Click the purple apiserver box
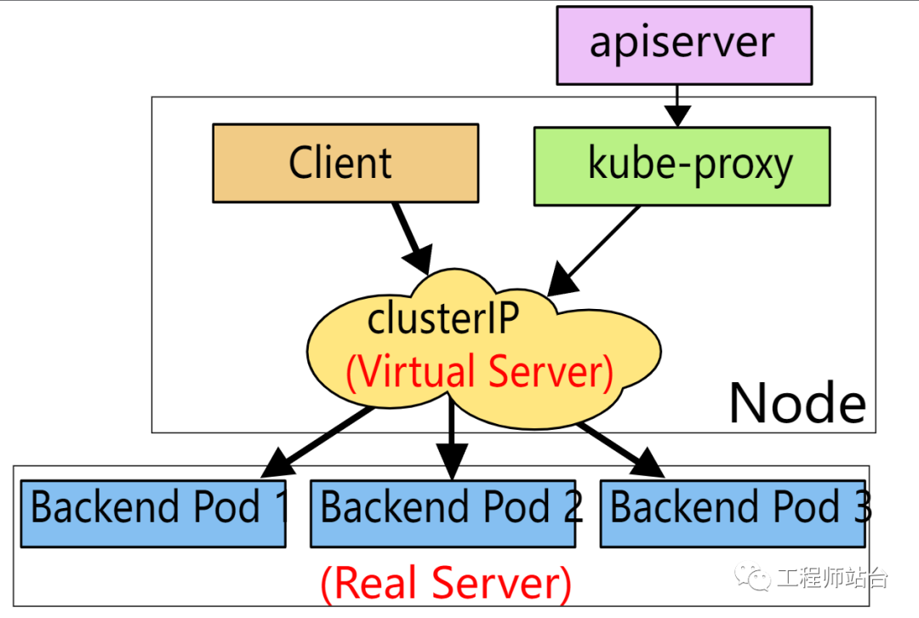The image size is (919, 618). tap(683, 43)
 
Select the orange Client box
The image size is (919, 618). tap(345, 163)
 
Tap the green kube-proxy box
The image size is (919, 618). tap(682, 166)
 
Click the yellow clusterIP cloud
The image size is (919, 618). tap(482, 349)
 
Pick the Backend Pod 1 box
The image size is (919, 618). tap(153, 513)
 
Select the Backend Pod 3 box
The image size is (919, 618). tap(733, 513)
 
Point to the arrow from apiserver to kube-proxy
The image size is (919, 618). tap(677, 106)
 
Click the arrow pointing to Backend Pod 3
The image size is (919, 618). tap(620, 448)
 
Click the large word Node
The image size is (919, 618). tap(797, 403)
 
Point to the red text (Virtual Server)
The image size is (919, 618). tap(479, 373)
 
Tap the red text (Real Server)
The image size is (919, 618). tap(445, 582)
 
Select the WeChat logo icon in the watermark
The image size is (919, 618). tap(754, 578)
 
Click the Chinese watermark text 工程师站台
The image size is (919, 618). tap(831, 579)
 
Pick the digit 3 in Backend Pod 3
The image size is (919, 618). tap(860, 508)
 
